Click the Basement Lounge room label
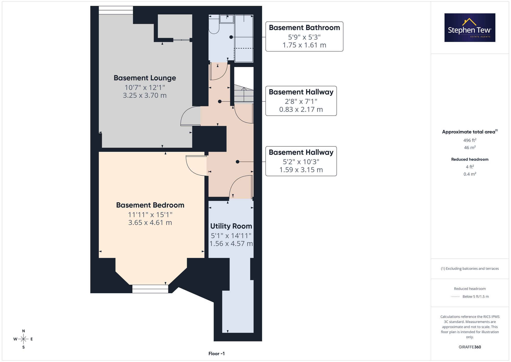[x=145, y=78]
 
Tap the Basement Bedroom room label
[x=150, y=205]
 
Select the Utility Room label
[x=231, y=226]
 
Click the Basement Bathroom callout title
[x=304, y=28]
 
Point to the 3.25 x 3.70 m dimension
[x=145, y=95]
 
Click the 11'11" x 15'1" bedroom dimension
[x=150, y=215]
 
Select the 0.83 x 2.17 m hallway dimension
[x=301, y=109]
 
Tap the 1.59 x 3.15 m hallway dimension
[x=301, y=170]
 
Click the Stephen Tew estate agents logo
[x=470, y=28]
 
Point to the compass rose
[x=24, y=339]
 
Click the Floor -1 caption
[x=216, y=354]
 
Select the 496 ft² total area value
[x=470, y=140]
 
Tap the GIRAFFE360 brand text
[x=470, y=347]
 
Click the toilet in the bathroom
[x=214, y=24]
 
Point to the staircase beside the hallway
[x=244, y=94]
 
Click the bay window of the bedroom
[x=150, y=289]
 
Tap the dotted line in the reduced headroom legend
[x=455, y=297]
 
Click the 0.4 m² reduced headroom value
[x=470, y=174]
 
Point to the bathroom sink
[x=227, y=19]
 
